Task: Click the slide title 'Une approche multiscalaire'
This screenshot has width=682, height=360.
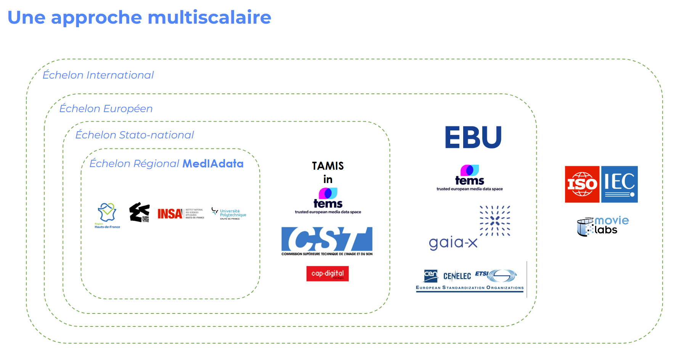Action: [x=139, y=18]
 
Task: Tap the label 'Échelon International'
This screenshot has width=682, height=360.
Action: [x=98, y=75]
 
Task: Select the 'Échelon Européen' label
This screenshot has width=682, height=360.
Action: [x=106, y=109]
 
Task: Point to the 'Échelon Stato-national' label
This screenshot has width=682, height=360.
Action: [x=135, y=135]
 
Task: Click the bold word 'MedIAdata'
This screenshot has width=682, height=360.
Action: [x=213, y=164]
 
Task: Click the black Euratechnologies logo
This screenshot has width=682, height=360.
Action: [x=140, y=212]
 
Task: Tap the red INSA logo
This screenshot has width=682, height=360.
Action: [x=170, y=214]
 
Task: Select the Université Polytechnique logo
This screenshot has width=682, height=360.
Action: [x=229, y=214]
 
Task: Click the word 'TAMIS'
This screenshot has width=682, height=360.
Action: [x=328, y=166]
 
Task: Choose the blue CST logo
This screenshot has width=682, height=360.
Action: [x=327, y=240]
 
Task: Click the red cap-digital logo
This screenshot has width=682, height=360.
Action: [x=327, y=273]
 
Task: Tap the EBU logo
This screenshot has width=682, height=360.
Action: [x=473, y=137]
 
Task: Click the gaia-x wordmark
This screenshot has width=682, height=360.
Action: [x=453, y=243]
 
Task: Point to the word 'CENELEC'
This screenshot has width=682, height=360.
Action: [x=457, y=276]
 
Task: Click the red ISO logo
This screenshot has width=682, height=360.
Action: [x=582, y=184]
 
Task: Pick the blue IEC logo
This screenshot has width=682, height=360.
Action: [x=619, y=184]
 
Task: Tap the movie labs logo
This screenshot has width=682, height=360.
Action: [x=603, y=226]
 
